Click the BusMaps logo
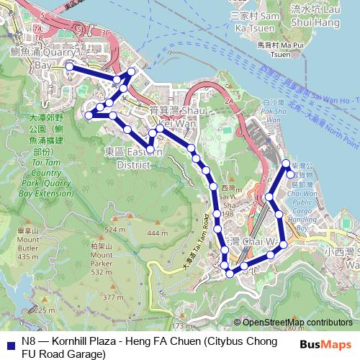(325, 344)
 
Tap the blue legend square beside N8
(9, 344)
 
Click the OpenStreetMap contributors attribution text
(297, 323)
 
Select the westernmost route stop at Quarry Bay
(69, 66)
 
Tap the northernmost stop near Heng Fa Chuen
(286, 163)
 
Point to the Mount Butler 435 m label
(27, 244)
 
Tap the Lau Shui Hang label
(314, 17)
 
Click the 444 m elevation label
(156, 234)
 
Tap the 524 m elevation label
(114, 230)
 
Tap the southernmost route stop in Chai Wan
(230, 273)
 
